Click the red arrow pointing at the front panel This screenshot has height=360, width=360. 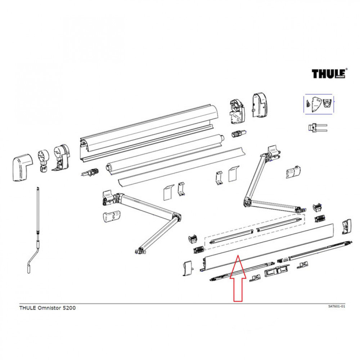238,279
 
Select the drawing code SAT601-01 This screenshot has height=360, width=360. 337,306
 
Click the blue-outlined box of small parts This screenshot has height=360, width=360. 319,104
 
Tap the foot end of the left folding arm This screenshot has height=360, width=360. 140,249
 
